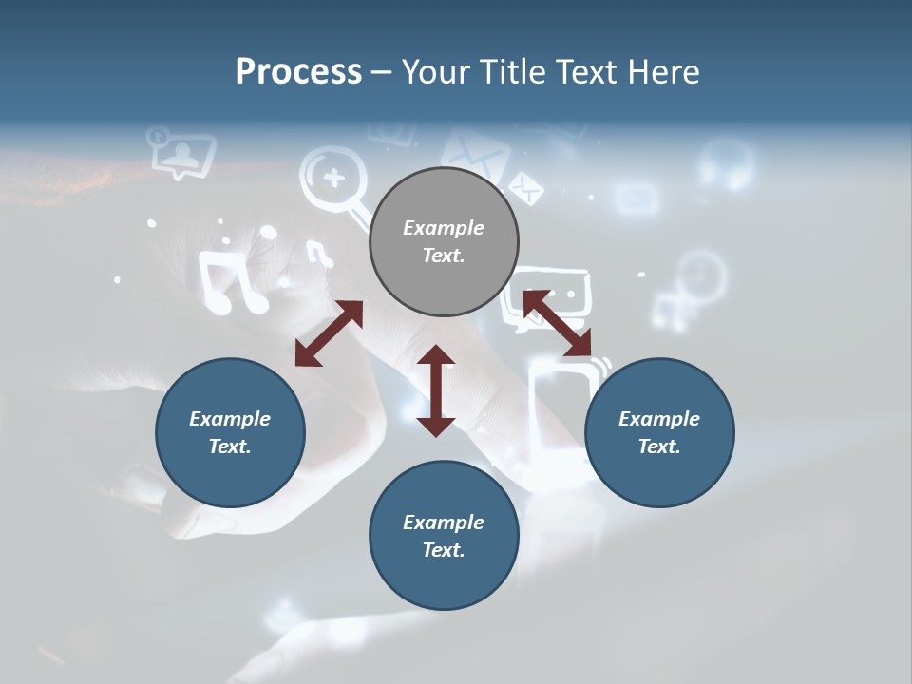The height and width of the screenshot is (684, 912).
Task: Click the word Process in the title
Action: coord(298,72)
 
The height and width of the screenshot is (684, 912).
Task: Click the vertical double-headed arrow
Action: coord(436,390)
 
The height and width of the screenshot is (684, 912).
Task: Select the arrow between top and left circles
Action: coord(329,332)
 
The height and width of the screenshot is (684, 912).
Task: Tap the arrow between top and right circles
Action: coord(558,324)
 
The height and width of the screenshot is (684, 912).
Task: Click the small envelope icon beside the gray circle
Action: coord(525,187)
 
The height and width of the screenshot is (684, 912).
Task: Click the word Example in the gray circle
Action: coord(444,228)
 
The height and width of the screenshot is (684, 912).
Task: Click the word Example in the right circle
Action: coord(659,419)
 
